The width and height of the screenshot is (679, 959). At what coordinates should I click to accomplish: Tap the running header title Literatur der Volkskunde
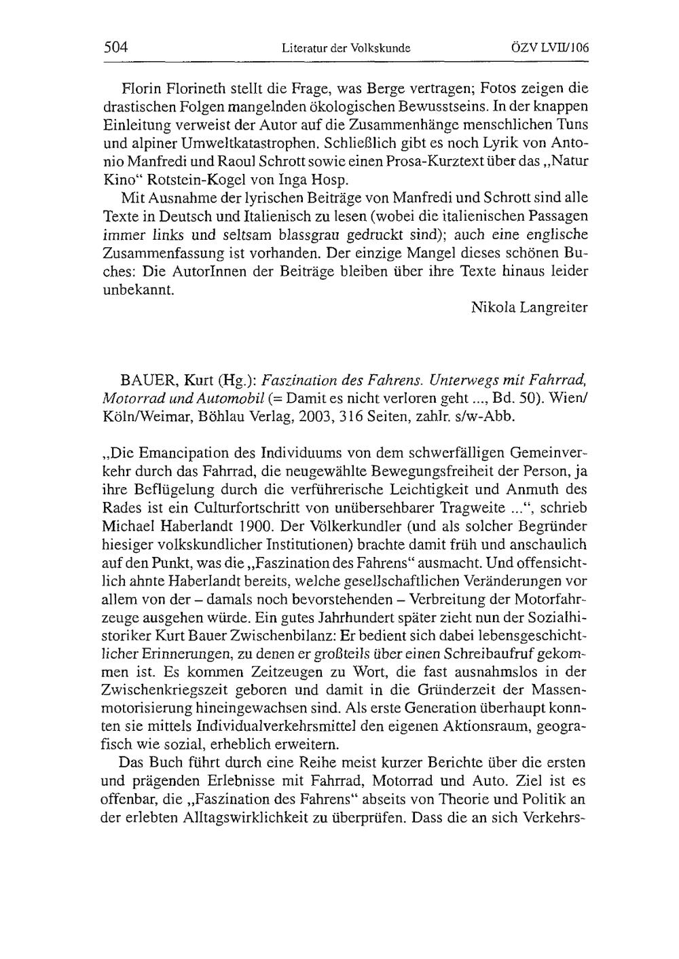tap(346, 48)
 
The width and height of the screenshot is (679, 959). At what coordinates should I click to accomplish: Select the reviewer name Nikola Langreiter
tap(529, 307)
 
